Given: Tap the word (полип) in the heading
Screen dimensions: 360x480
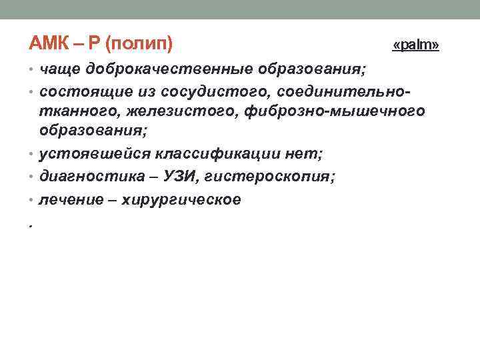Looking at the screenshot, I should coord(139,45).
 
